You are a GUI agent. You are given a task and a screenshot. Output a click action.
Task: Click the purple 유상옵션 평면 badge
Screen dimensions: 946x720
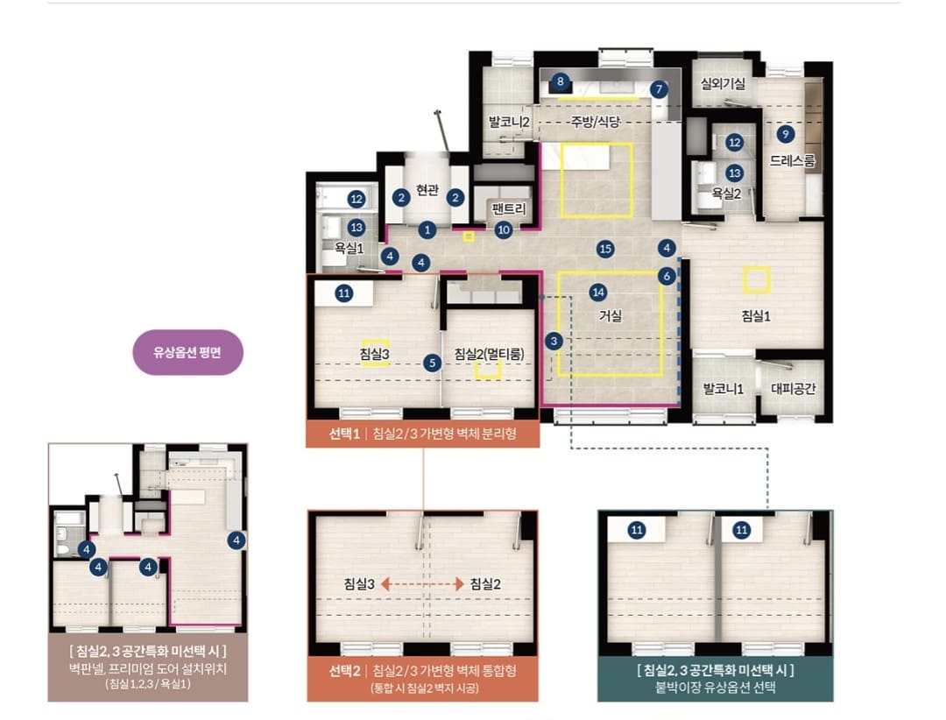coord(187,352)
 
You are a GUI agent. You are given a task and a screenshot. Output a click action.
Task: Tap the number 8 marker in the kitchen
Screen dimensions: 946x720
coord(561,81)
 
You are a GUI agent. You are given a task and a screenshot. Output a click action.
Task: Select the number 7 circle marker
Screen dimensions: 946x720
coord(659,89)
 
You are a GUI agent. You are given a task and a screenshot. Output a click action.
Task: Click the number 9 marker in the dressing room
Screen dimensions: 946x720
coord(785,134)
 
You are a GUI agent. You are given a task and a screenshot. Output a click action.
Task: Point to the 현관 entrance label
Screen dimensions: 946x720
coord(427,190)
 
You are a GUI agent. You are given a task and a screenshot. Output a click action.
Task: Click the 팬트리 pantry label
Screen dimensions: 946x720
coord(509,208)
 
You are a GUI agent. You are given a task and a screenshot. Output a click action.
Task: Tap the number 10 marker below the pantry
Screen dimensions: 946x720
coord(504,229)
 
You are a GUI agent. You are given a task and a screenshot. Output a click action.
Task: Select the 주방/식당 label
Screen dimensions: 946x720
coord(596,122)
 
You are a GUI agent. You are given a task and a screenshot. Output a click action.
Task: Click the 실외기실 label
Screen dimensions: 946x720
coord(722,83)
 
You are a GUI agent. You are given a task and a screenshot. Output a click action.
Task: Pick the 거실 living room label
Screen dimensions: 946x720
coord(610,315)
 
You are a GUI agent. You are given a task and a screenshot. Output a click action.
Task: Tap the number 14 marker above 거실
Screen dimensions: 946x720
coord(598,293)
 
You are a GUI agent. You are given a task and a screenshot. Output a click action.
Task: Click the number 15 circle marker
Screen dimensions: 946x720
coord(605,248)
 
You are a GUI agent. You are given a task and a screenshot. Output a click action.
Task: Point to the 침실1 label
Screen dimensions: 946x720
coord(755,315)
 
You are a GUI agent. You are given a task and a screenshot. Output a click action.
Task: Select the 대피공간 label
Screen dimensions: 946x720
coord(793,389)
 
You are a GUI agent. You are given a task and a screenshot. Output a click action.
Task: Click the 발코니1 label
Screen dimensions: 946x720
coord(723,389)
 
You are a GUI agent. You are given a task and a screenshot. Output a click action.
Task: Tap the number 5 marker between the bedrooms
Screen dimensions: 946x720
coord(432,363)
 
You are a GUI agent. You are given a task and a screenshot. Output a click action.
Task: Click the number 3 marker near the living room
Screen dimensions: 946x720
coord(554,341)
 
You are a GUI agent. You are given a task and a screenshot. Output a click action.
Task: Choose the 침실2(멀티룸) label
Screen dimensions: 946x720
coord(489,354)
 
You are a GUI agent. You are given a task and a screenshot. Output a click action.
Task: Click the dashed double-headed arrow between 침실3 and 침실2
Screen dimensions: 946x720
coord(422,583)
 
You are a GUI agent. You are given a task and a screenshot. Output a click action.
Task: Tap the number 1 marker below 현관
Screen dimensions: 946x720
coord(427,229)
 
